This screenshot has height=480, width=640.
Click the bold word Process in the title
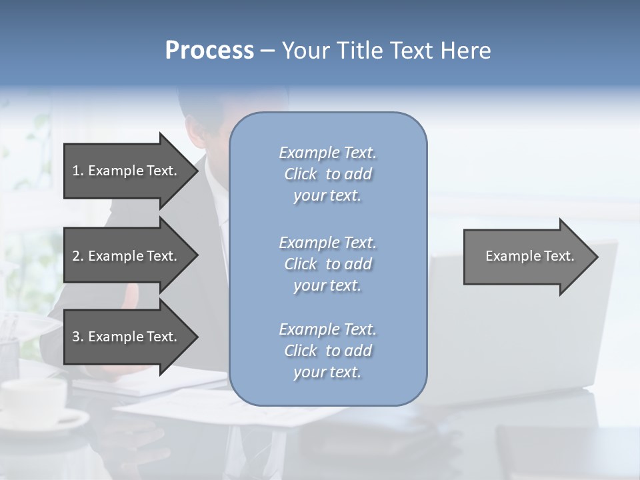tap(209, 51)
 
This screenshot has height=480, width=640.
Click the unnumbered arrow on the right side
tap(527, 256)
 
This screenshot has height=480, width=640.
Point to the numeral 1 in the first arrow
tap(76, 171)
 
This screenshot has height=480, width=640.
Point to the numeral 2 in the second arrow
tap(76, 256)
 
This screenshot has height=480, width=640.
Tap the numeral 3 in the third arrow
tap(76, 337)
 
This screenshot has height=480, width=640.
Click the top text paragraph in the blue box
tap(327, 174)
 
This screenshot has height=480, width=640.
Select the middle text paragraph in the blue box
tap(327, 264)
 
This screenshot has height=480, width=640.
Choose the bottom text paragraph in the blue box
tap(327, 351)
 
